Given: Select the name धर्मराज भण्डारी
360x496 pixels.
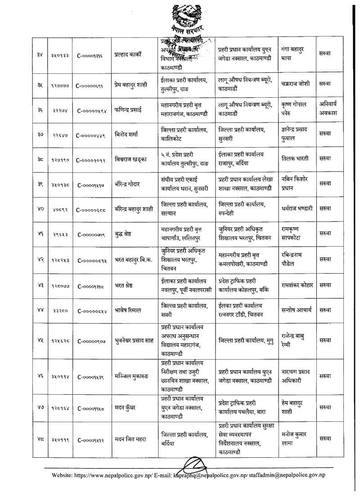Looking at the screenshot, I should pos(297,209).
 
